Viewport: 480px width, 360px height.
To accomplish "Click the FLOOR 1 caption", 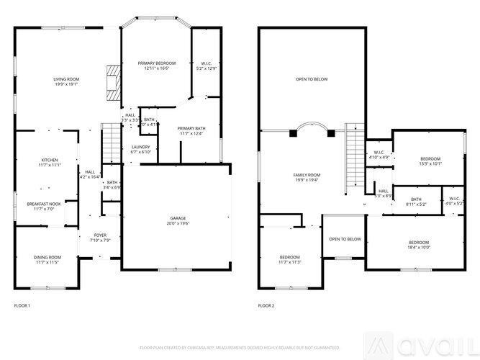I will [22, 306].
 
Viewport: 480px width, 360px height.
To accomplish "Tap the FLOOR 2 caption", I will [266, 306].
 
